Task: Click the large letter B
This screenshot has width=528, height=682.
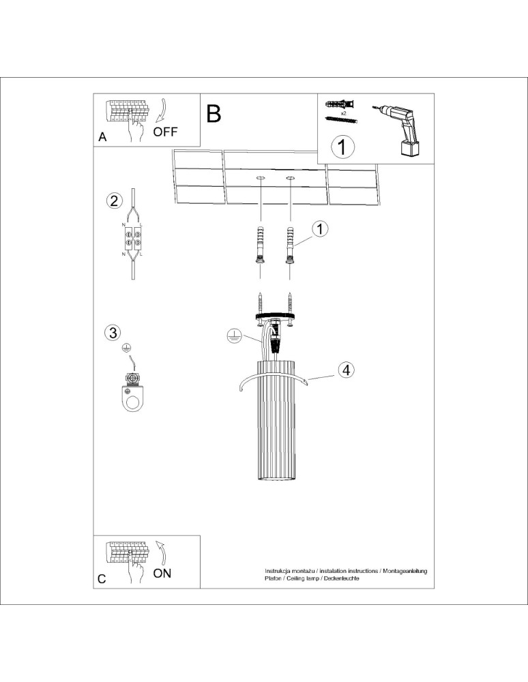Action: [214, 113]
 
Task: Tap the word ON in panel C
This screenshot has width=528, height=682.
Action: [162, 573]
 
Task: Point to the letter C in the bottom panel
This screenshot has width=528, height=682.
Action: [102, 579]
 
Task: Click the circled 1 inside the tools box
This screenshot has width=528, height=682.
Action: [343, 146]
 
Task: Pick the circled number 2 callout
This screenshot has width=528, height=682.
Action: [114, 201]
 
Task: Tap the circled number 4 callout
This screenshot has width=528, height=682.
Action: [346, 370]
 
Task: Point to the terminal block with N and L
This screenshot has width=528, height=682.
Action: [132, 239]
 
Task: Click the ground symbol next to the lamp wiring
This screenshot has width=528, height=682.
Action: [233, 336]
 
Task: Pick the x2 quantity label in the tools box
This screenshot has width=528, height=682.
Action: [344, 113]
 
